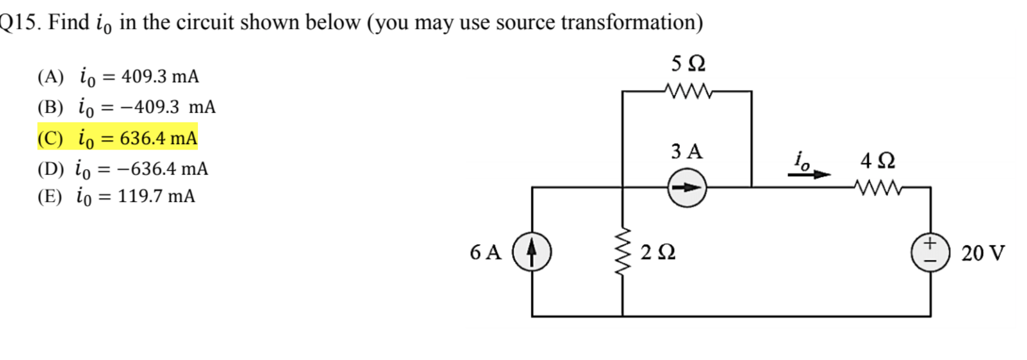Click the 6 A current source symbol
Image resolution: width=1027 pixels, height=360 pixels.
coord(531,252)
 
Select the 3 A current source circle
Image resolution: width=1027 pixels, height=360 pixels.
coord(687,188)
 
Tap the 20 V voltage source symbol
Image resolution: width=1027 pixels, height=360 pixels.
coord(930,252)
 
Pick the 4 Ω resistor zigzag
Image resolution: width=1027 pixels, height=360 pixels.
coord(878,188)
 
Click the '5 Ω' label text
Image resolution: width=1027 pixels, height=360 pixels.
coord(688,64)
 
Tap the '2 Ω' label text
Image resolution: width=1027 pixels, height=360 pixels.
coord(658,252)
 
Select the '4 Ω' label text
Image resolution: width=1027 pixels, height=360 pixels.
coord(877,160)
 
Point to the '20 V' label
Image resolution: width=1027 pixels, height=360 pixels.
coord(982,253)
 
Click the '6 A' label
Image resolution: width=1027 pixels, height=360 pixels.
coord(485,252)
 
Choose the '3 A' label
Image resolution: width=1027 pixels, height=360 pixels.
coord(686,151)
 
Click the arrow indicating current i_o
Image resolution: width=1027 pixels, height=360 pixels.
coord(809,174)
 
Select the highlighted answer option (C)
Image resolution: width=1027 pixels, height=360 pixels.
coord(117,138)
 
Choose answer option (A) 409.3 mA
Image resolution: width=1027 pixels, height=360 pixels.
coord(118,76)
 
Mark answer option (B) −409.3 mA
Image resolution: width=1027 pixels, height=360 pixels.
coord(126,107)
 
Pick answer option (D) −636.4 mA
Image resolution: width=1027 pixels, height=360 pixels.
coord(122,169)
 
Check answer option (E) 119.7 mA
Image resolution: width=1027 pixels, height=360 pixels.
coord(116,196)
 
